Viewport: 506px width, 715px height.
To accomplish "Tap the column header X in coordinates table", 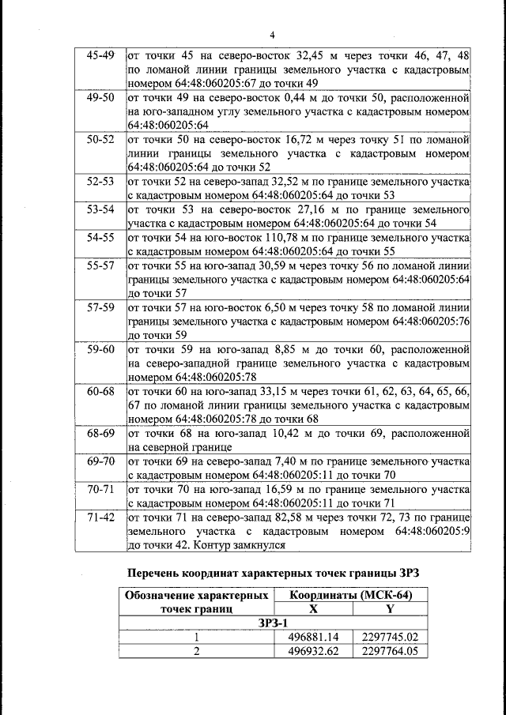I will click(x=313, y=609).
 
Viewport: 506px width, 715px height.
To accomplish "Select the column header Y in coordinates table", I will click(x=389, y=609).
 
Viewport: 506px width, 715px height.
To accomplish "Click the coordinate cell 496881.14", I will click(x=313, y=637).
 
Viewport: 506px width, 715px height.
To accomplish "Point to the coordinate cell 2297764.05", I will click(x=389, y=651).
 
